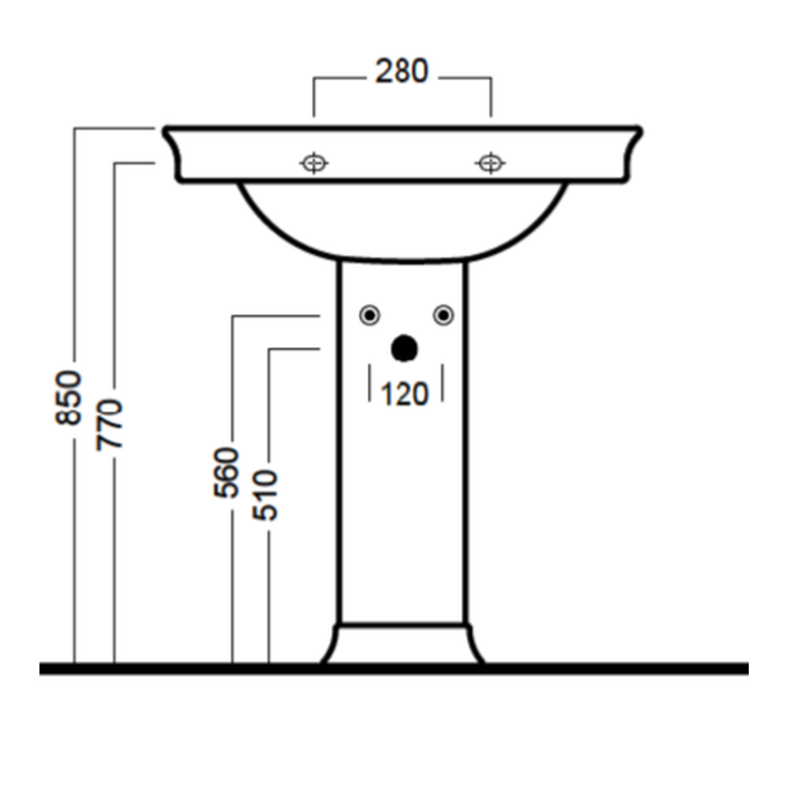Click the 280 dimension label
point(402,71)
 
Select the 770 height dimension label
point(109,424)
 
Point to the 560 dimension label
point(226,473)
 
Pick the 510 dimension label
point(264,495)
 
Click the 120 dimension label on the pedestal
point(405,394)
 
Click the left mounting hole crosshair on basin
point(314,163)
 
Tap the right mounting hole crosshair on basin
point(490,163)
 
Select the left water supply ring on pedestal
point(370,316)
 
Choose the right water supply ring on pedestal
point(443,316)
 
